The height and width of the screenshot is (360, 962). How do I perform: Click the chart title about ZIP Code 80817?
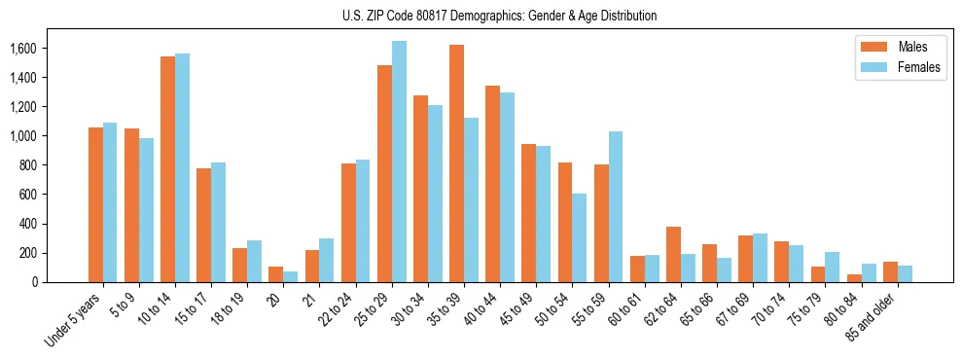pos(499,16)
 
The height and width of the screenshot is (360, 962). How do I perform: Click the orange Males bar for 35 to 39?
pos(456,163)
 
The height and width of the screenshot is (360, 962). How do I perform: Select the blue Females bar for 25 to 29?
pos(399,162)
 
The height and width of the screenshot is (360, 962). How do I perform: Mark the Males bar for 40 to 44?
pos(492,184)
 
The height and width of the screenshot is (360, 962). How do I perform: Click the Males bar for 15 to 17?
pos(203,225)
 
